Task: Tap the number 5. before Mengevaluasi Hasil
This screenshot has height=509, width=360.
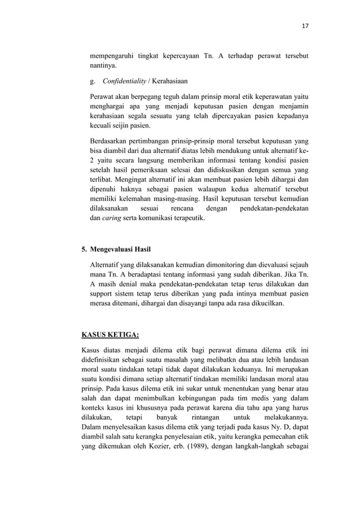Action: pos(85,249)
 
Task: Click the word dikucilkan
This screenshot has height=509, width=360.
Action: pos(265,304)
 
